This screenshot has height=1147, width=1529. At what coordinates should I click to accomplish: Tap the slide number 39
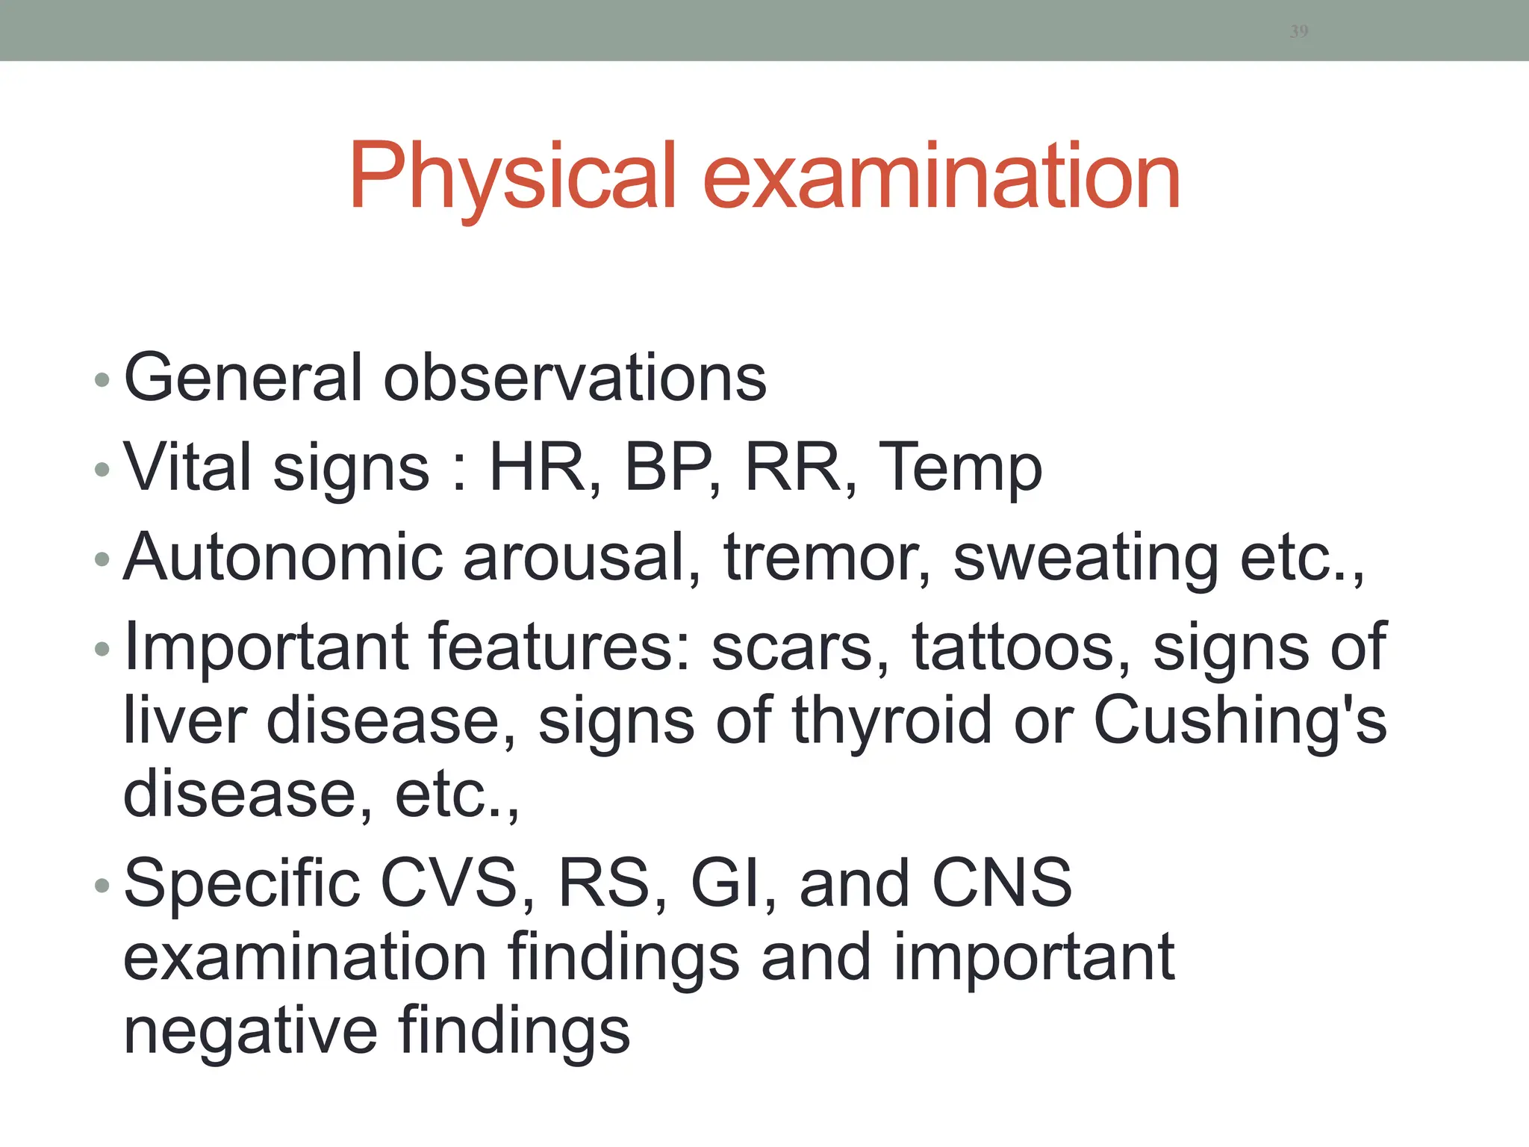click(x=1299, y=31)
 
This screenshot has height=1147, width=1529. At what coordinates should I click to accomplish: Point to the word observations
click(x=575, y=377)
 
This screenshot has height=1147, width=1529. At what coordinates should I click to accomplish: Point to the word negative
click(x=250, y=1033)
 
